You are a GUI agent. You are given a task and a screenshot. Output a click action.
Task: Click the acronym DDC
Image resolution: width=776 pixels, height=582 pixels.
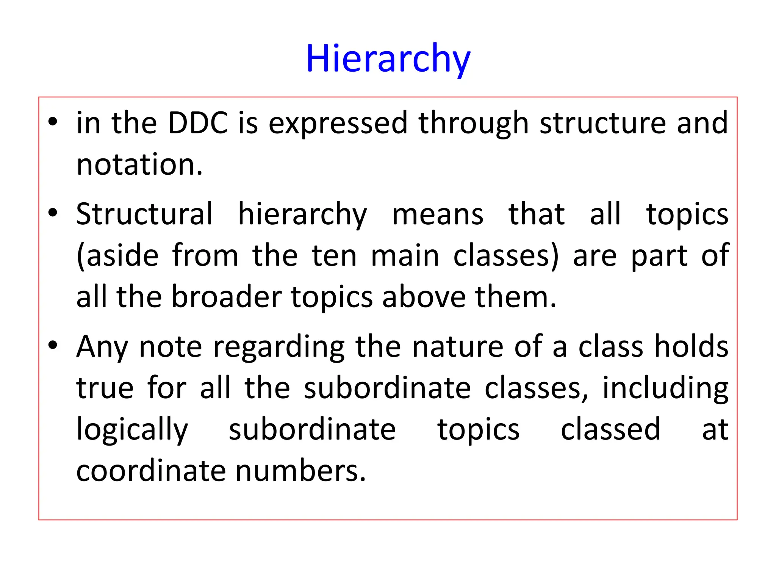pos(198,123)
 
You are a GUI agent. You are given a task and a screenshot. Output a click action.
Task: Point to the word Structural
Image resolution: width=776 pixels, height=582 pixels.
pos(144,214)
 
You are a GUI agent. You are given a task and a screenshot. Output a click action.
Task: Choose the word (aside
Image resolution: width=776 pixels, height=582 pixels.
pos(117,256)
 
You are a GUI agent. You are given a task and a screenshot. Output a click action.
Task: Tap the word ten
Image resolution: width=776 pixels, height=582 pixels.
pos(335,256)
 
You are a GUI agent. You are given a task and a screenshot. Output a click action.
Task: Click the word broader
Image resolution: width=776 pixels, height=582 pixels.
pos(226,297)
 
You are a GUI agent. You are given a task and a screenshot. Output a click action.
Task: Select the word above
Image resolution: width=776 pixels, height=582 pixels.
pos(424,297)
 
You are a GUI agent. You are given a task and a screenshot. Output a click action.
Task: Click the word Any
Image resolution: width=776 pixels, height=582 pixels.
pos(102,347)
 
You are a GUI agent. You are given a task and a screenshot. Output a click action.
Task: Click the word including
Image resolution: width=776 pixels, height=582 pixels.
pos(665,388)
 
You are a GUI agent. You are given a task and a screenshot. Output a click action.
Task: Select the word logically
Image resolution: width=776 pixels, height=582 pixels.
pos(132,430)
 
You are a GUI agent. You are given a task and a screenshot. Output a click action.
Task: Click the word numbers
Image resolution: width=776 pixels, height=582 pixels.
pos(301,471)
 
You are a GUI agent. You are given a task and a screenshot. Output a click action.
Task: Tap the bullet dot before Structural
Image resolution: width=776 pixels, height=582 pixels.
pos(53,213)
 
